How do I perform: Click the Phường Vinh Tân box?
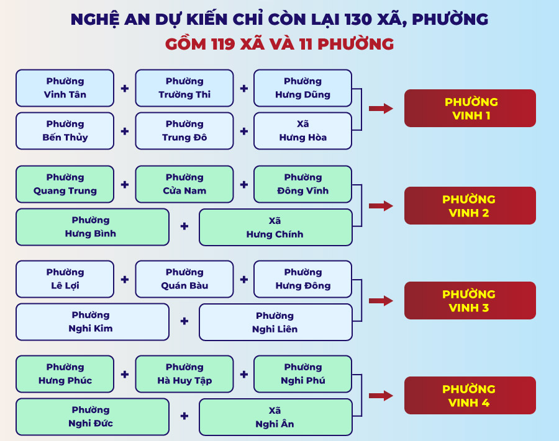coord(65,88)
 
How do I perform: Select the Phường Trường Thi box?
coord(184,88)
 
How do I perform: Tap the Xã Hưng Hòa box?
coord(302,131)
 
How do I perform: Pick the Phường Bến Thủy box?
coord(65,131)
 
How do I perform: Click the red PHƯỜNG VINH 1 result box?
coord(470,108)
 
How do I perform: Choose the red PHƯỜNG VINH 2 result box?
coord(470,205)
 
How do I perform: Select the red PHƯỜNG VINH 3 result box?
coord(470,300)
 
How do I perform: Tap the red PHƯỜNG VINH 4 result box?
coord(470,396)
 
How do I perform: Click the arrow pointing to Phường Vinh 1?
coord(381,108)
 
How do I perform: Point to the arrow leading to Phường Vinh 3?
coord(381,301)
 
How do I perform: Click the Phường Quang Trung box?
coord(65,184)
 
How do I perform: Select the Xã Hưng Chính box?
coord(276,227)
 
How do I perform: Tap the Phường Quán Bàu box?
coord(184,279)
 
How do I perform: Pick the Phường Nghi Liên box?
coord(276,322)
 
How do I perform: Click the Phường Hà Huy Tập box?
coord(184,374)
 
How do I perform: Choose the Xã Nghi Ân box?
coord(276,417)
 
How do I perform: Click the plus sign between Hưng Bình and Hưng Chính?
coord(184,226)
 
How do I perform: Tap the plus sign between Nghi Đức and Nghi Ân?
coord(184,416)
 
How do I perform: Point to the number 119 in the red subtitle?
coord(223,44)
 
